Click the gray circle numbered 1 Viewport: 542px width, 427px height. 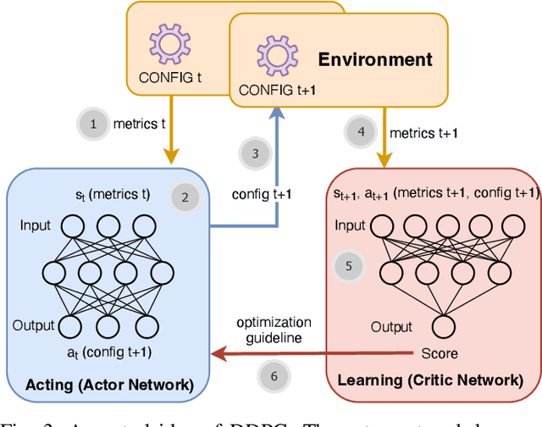pos(93,124)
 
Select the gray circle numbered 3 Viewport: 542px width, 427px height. pos(254,153)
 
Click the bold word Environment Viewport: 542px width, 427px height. pos(374,59)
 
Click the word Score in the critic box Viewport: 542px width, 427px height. pos(439,353)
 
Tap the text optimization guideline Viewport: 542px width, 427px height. pos(274,330)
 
